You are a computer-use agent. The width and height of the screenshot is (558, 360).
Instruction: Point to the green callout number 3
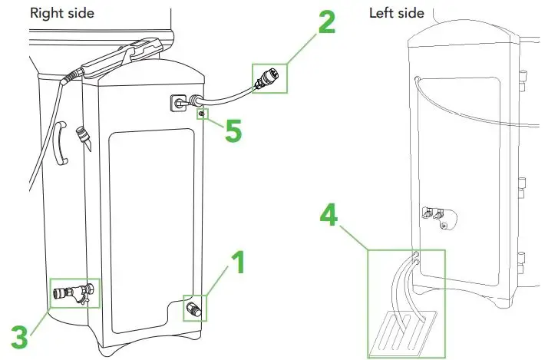(x=21, y=335)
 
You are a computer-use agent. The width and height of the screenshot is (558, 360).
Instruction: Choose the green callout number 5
(x=231, y=130)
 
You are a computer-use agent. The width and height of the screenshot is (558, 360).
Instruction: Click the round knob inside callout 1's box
(x=193, y=310)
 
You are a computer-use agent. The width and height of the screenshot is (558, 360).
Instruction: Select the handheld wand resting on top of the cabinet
(x=115, y=60)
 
